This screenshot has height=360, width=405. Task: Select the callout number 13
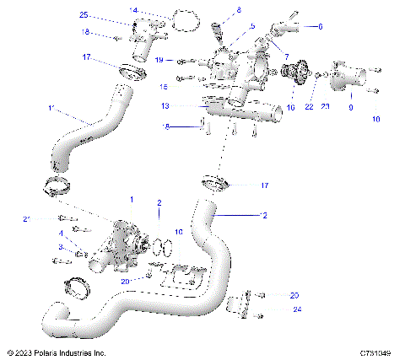[x=165, y=105]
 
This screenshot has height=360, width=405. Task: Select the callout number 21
[x=26, y=219]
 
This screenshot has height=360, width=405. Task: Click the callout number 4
[x=61, y=233]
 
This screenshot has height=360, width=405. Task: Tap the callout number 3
[x=61, y=246]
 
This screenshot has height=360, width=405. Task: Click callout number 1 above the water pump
[x=131, y=200]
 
